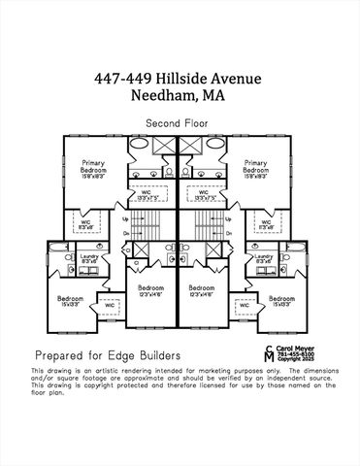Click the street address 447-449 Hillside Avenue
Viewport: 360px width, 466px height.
click(x=180, y=78)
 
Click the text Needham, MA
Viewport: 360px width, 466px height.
click(x=180, y=95)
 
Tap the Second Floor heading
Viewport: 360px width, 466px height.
click(x=180, y=123)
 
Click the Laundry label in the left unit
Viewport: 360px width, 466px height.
click(x=89, y=257)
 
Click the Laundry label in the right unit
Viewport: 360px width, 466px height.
click(x=265, y=257)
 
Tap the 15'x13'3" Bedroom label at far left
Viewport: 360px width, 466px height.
click(x=70, y=301)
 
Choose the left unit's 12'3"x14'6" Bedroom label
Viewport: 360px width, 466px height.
click(x=151, y=290)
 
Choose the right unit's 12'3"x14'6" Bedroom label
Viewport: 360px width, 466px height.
click(x=202, y=290)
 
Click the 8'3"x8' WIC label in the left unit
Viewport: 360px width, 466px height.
click(x=85, y=224)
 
